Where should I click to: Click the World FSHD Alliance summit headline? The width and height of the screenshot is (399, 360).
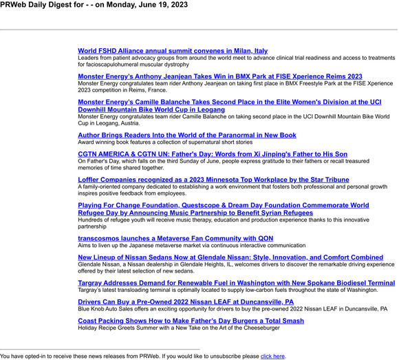173,51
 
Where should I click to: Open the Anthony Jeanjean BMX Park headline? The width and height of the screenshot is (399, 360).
220,76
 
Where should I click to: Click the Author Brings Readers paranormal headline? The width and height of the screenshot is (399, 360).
187,136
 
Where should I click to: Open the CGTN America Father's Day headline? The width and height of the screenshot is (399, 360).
213,154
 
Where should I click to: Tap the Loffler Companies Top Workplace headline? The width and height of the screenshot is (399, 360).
213,180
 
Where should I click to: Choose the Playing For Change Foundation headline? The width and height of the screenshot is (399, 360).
223,205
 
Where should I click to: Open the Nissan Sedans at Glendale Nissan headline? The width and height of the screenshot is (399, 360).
230,257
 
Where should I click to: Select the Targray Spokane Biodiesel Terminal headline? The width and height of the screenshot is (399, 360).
236,283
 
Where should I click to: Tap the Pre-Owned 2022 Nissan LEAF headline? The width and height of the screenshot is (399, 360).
186,302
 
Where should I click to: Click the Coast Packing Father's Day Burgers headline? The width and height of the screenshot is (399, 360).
191,321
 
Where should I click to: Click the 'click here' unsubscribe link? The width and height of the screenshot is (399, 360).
272,357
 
